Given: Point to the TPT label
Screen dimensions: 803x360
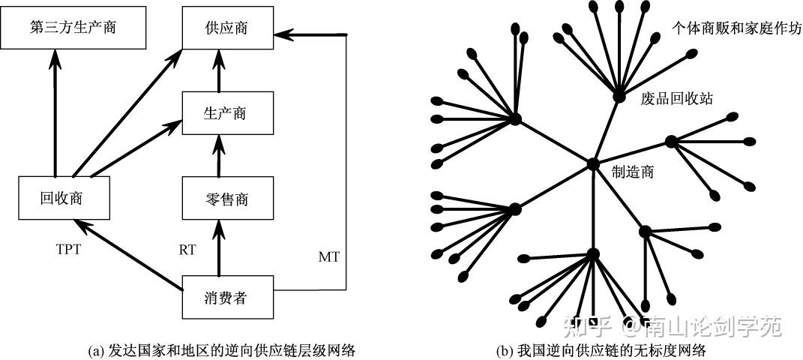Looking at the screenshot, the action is (x=69, y=250).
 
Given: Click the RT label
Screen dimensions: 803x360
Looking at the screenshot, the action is (x=187, y=250).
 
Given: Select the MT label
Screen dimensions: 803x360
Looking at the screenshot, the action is (x=328, y=257).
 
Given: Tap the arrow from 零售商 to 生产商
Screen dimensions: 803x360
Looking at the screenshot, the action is (x=219, y=155).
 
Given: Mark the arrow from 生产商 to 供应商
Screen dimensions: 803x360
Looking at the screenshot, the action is (x=219, y=70).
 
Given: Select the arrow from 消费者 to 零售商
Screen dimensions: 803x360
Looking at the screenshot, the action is (x=219, y=247).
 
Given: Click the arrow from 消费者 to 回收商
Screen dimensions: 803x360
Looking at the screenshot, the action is (x=127, y=254).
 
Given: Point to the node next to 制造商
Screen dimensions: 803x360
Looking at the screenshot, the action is (x=593, y=164).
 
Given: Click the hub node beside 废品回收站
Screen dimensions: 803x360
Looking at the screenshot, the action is (x=619, y=96).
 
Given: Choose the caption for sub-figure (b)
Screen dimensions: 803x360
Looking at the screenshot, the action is (x=601, y=351).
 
